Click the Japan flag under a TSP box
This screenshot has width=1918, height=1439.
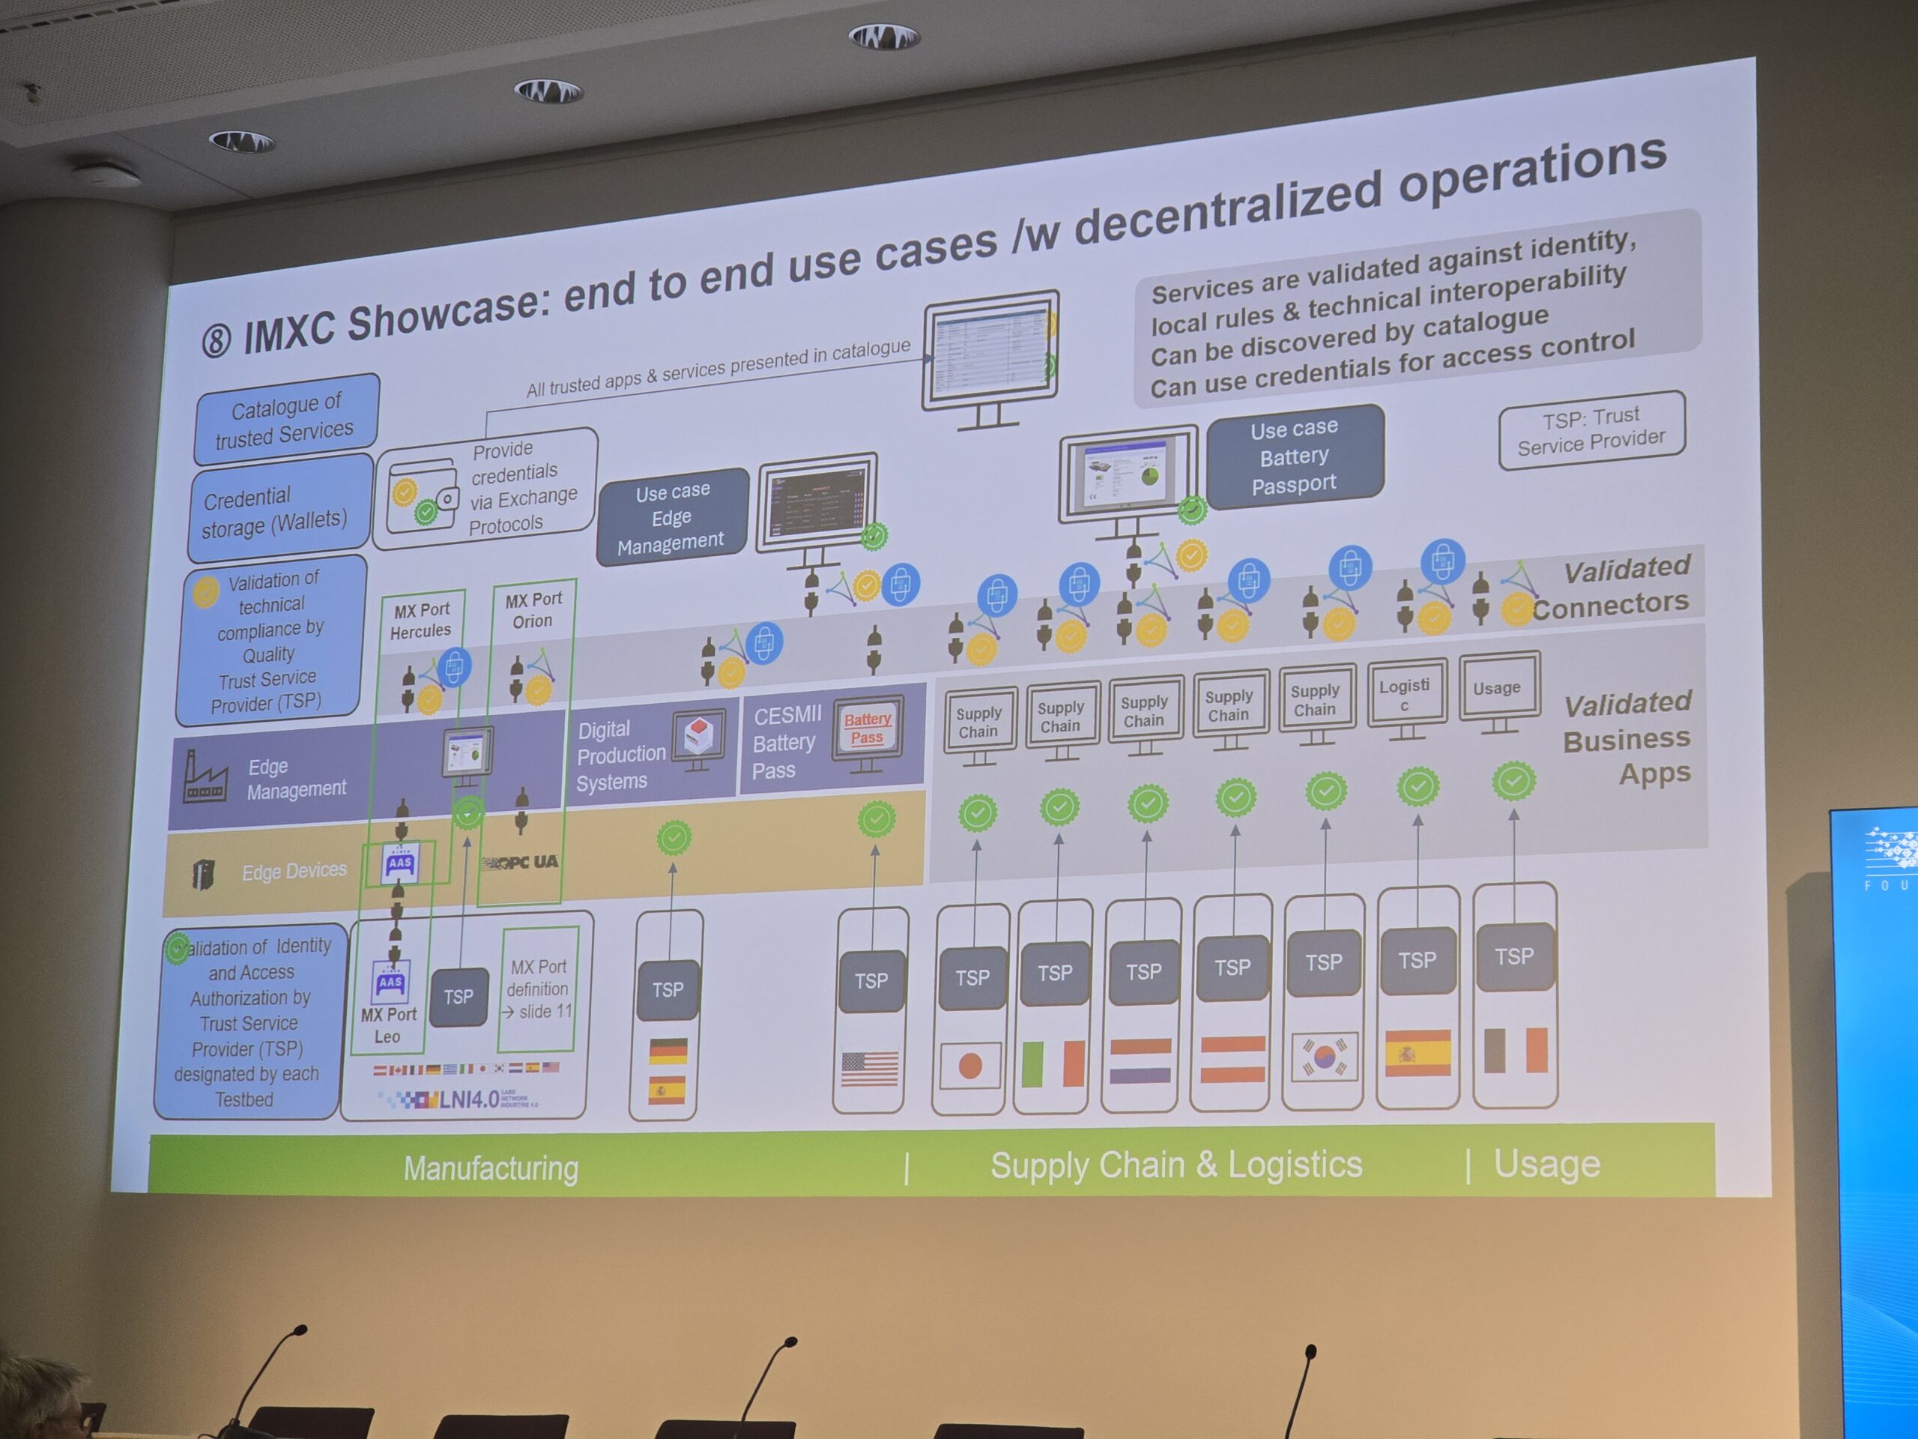click(969, 1065)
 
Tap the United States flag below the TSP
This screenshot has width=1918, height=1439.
click(869, 1069)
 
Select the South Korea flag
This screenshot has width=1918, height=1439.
click(1323, 1057)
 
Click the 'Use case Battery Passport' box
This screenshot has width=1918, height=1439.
click(1294, 456)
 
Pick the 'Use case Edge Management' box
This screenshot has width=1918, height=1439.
click(672, 517)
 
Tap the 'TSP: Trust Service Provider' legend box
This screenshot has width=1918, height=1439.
click(1591, 430)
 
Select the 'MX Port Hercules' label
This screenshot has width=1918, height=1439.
click(421, 620)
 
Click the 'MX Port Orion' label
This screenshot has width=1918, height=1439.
click(533, 610)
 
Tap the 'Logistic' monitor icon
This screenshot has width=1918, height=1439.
click(1406, 696)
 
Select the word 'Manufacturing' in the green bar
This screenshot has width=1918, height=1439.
click(491, 1168)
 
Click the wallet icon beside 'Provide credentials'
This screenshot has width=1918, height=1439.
click(423, 497)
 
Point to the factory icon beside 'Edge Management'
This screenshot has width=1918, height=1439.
click(205, 778)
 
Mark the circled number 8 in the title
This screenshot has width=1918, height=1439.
click(217, 341)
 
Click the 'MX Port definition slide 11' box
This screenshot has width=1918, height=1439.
click(539, 989)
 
